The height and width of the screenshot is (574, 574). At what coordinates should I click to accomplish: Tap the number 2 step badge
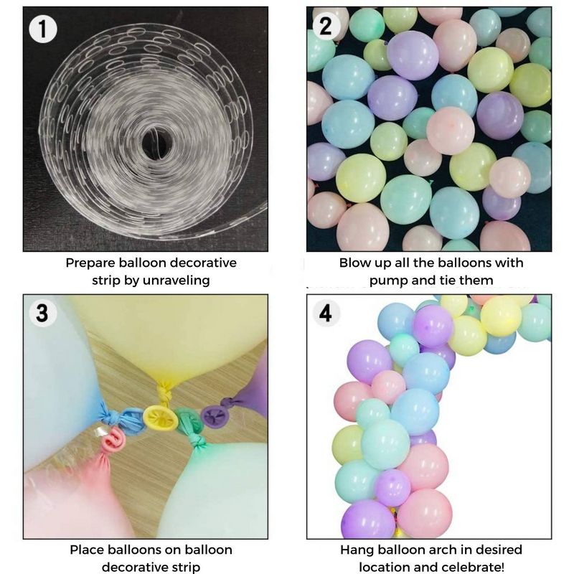pyautogui.click(x=325, y=27)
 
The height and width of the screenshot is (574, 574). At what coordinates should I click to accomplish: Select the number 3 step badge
pyautogui.click(x=42, y=314)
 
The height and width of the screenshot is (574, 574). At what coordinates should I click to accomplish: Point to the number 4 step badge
pyautogui.click(x=326, y=314)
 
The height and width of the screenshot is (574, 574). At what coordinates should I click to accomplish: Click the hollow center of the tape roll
pyautogui.click(x=154, y=141)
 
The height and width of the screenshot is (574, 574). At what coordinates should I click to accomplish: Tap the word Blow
pyautogui.click(x=354, y=263)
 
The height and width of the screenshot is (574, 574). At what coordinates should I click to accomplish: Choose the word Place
pyautogui.click(x=88, y=550)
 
